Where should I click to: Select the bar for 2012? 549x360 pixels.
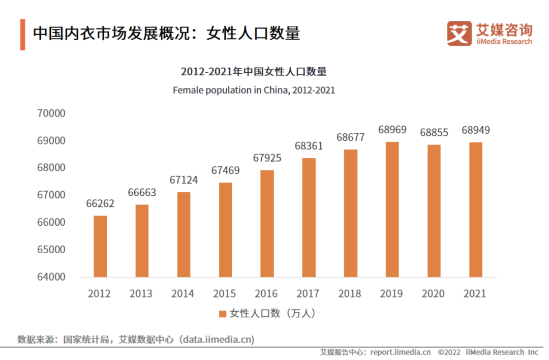point(100,247)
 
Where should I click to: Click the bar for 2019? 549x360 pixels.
point(392,209)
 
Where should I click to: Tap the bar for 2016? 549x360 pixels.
point(267,224)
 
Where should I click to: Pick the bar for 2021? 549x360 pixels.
point(475,209)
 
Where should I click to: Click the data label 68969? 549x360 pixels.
point(392,130)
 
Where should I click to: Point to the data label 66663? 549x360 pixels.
point(142,193)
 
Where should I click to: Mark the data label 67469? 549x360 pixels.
point(225,170)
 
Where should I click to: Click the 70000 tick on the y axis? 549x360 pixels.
point(51,113)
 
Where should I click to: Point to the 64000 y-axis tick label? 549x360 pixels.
point(51,277)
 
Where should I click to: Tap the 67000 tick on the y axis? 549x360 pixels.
point(51,195)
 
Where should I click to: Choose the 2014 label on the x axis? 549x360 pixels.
point(183,294)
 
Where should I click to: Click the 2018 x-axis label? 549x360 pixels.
point(350,294)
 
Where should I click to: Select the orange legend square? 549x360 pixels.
point(222,314)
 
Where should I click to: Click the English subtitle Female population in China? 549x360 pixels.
point(254,91)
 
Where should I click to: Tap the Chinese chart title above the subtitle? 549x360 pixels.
point(254,72)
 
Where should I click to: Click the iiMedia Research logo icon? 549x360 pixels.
point(459,33)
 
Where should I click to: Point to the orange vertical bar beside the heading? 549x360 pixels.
point(23,35)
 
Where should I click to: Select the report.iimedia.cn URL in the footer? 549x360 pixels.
point(401,352)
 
